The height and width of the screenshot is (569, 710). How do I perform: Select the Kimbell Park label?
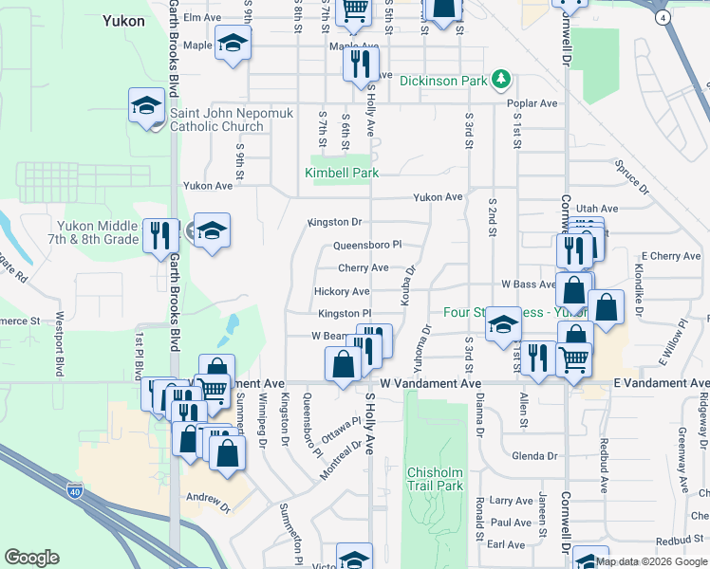coord(342,173)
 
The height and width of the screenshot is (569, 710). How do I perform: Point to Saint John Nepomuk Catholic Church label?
coord(217,119)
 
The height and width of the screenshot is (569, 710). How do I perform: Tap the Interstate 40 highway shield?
coord(76,491)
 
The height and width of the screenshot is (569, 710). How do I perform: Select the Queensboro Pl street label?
coord(367,245)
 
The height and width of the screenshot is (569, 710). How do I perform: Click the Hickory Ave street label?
coord(341,292)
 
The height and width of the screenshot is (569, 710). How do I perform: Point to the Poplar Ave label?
coord(532,103)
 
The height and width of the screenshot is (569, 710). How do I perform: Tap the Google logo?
coord(32,558)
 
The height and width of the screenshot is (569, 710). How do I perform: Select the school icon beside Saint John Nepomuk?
coord(147,105)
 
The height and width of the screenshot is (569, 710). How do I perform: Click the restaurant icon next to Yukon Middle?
coord(158,235)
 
